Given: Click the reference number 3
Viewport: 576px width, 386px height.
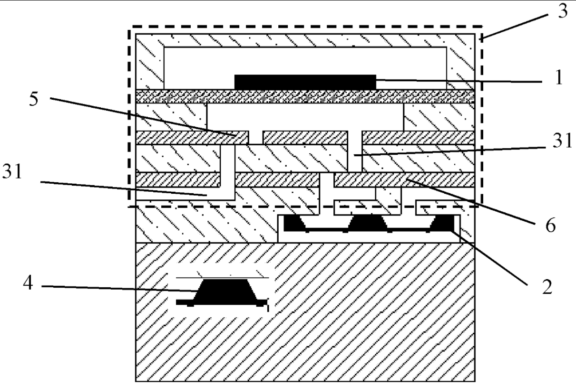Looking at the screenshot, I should (x=563, y=10).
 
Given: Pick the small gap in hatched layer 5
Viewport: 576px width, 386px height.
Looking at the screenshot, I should (x=256, y=137).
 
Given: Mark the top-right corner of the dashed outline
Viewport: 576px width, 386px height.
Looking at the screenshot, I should (x=482, y=27).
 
